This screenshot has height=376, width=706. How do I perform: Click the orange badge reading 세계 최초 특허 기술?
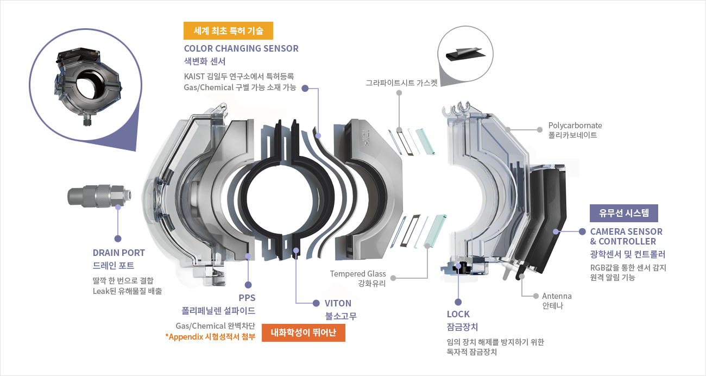click(x=228, y=31)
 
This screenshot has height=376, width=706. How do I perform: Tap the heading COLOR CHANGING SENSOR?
click(x=241, y=48)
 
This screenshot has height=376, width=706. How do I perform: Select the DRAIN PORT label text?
click(x=119, y=253)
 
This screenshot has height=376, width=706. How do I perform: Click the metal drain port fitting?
click(x=98, y=196)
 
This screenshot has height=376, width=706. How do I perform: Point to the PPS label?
click(x=247, y=298)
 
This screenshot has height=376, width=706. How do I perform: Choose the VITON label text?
click(x=338, y=303)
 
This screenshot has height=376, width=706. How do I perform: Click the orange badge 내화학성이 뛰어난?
click(x=304, y=333)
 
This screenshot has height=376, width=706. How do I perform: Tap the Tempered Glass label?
click(x=358, y=273)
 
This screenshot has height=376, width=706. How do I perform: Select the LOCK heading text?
click(x=458, y=314)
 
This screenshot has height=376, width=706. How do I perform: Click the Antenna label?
click(x=557, y=296)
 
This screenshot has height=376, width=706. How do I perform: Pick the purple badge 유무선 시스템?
click(x=624, y=213)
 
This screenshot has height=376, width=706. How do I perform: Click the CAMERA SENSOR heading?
click(x=626, y=231)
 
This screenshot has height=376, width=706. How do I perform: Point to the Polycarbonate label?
click(x=575, y=126)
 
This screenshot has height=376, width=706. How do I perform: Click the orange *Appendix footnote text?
click(x=210, y=337)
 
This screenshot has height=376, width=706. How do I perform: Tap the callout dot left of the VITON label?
click(x=316, y=303)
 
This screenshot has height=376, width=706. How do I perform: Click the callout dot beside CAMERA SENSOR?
click(x=582, y=231)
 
